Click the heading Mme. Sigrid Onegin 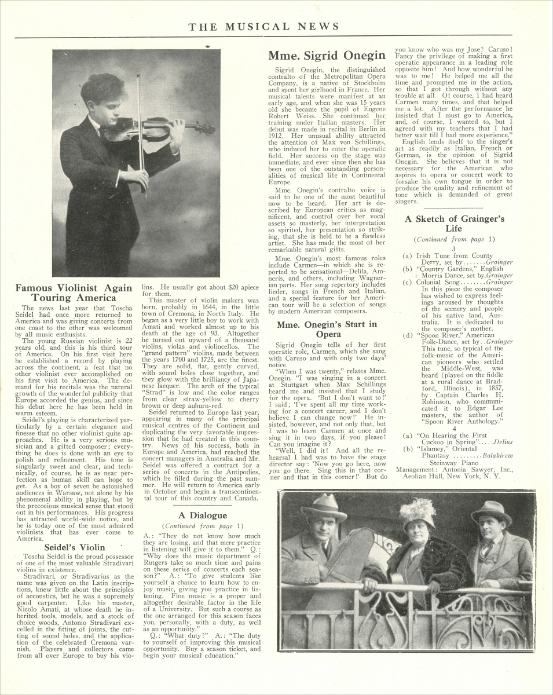tap(327, 56)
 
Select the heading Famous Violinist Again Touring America tap(74, 293)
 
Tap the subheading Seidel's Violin tap(75, 547)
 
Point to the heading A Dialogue tap(202, 515)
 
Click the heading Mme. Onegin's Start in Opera tap(327, 329)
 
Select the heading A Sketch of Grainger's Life tap(455, 223)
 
